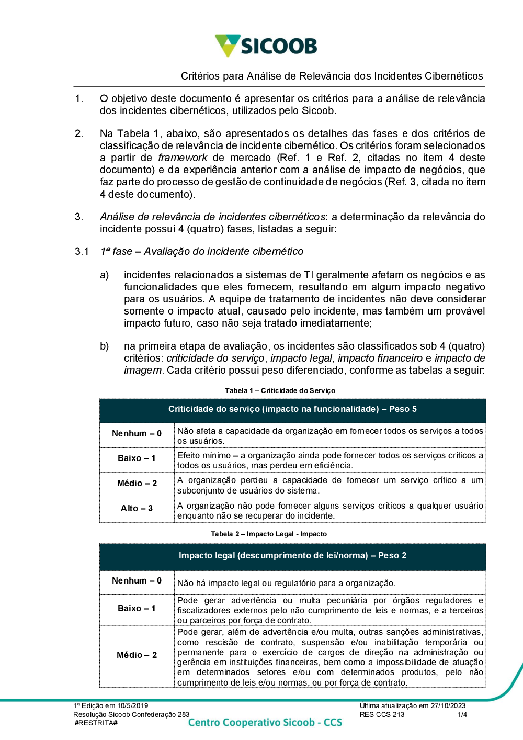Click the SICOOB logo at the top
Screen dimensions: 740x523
click(266, 46)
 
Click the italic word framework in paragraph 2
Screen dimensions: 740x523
click(183, 158)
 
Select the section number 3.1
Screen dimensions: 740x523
click(82, 251)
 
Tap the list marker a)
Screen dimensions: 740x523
click(105, 275)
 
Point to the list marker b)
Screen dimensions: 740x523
click(105, 346)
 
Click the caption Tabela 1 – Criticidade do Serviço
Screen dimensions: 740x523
click(280, 390)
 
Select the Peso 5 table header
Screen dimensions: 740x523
click(292, 409)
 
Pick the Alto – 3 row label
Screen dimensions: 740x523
click(137, 508)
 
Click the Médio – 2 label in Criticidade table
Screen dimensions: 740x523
click(137, 483)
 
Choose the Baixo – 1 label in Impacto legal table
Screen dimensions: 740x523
click(137, 608)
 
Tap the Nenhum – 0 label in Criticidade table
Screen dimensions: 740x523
click(137, 433)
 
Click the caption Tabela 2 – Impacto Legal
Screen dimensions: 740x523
click(269, 534)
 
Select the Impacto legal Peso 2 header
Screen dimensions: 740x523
click(292, 555)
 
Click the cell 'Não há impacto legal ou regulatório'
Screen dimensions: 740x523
click(286, 583)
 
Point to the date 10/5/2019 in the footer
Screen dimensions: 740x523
click(132, 705)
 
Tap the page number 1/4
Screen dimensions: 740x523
click(462, 714)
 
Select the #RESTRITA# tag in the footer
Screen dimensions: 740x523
click(96, 723)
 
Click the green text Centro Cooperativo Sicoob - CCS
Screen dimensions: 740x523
click(265, 722)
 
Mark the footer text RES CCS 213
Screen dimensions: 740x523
click(382, 714)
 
